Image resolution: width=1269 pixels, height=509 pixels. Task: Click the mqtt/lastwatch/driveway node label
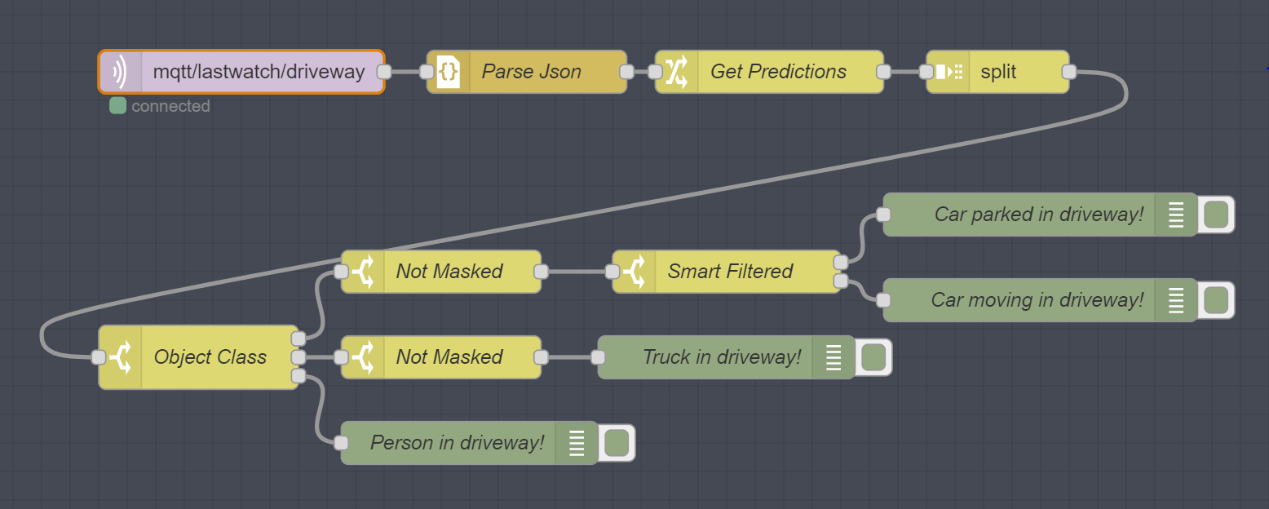click(259, 72)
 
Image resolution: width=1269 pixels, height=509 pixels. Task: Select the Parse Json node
click(527, 72)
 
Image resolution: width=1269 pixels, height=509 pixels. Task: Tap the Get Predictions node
click(769, 72)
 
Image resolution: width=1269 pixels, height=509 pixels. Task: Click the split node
click(997, 72)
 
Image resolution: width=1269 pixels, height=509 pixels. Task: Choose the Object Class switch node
click(198, 357)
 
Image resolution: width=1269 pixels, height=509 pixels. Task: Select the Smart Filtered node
click(727, 272)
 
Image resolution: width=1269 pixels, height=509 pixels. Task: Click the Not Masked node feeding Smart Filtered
click(440, 272)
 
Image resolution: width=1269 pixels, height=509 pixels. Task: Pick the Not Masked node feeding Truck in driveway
click(440, 357)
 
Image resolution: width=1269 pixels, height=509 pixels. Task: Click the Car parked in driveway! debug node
click(1040, 215)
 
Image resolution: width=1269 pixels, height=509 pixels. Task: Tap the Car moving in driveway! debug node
click(1040, 300)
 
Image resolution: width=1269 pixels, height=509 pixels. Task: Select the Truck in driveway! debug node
click(727, 357)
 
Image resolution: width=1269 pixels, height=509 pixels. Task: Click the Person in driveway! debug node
click(469, 443)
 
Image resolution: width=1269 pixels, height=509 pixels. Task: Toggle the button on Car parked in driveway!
click(1216, 215)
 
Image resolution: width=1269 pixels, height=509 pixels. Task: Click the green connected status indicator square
click(117, 105)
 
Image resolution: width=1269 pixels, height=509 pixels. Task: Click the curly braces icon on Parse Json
click(448, 72)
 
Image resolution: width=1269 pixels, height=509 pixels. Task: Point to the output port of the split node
click(1069, 72)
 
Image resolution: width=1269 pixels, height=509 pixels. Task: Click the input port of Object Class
click(99, 357)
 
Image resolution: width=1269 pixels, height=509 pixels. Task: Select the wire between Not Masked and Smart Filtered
click(577, 272)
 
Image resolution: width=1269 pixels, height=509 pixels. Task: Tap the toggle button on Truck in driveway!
click(873, 357)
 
